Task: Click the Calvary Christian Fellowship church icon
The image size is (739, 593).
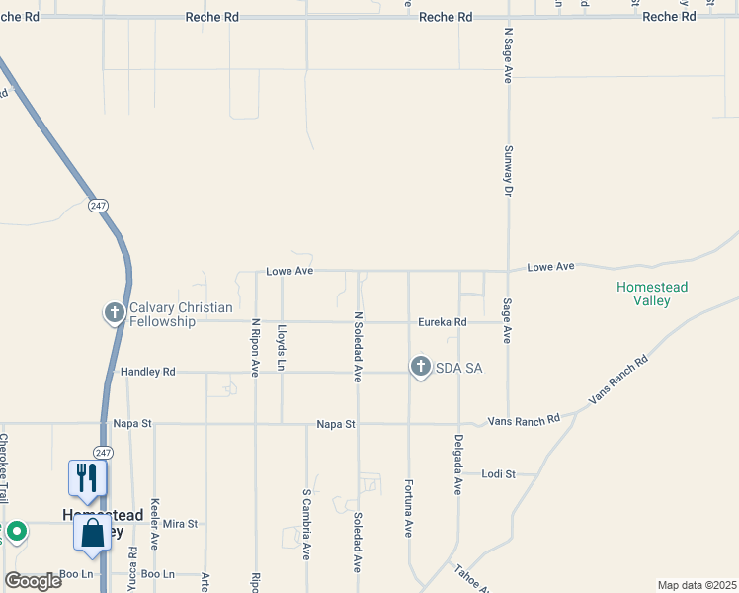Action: tap(115, 313)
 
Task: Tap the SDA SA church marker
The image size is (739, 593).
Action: tap(420, 368)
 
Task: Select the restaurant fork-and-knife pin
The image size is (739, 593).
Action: tap(87, 478)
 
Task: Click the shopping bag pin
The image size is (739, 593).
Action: tap(92, 535)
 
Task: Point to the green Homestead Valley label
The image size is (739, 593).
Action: tap(652, 295)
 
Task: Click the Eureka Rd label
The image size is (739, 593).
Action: tap(442, 322)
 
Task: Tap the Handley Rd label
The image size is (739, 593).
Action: tap(147, 372)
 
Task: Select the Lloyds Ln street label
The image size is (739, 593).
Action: tap(282, 348)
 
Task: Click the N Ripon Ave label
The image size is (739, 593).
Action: tap(255, 347)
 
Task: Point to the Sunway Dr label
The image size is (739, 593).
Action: tap(509, 170)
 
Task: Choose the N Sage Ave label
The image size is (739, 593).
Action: tap(508, 54)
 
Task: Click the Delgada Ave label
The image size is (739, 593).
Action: tap(458, 465)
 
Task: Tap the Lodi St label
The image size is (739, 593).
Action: tap(499, 474)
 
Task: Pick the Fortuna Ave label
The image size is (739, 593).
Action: tap(407, 508)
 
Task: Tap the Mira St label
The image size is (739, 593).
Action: tap(181, 523)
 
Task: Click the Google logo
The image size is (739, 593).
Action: tap(33, 581)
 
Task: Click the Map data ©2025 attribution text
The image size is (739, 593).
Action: tap(696, 585)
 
